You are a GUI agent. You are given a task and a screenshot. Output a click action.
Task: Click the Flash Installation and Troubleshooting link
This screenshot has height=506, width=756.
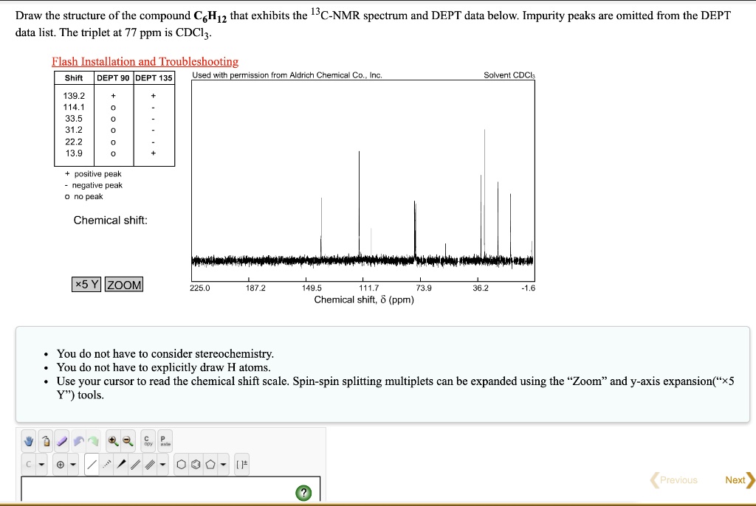click(x=145, y=62)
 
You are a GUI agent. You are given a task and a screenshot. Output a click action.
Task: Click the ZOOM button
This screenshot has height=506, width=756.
click(x=124, y=285)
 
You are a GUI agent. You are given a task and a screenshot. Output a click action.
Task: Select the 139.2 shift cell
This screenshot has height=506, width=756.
click(x=75, y=96)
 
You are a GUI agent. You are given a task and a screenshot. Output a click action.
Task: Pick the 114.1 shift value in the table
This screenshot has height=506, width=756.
click(x=75, y=107)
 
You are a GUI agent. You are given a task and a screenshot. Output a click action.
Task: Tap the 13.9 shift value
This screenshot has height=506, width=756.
click(x=75, y=153)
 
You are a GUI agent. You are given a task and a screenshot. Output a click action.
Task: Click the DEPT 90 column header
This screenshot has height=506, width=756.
click(x=113, y=78)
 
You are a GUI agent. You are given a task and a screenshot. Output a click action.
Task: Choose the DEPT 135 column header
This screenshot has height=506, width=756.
click(x=154, y=78)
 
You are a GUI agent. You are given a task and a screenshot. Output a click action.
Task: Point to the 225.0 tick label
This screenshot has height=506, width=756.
click(x=199, y=288)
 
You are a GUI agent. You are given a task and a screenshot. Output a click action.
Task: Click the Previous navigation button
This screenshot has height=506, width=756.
click(x=674, y=479)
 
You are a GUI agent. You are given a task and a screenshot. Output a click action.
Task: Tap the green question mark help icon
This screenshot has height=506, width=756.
click(x=303, y=492)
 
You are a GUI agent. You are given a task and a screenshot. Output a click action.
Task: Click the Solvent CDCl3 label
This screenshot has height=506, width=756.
click(x=509, y=75)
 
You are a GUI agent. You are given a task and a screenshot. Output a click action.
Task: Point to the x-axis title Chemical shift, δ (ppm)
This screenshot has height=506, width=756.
click(x=364, y=299)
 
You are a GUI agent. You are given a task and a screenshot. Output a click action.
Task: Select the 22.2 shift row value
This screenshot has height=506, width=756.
click(x=75, y=142)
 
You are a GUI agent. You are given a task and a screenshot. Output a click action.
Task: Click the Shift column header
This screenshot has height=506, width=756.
click(x=74, y=78)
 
